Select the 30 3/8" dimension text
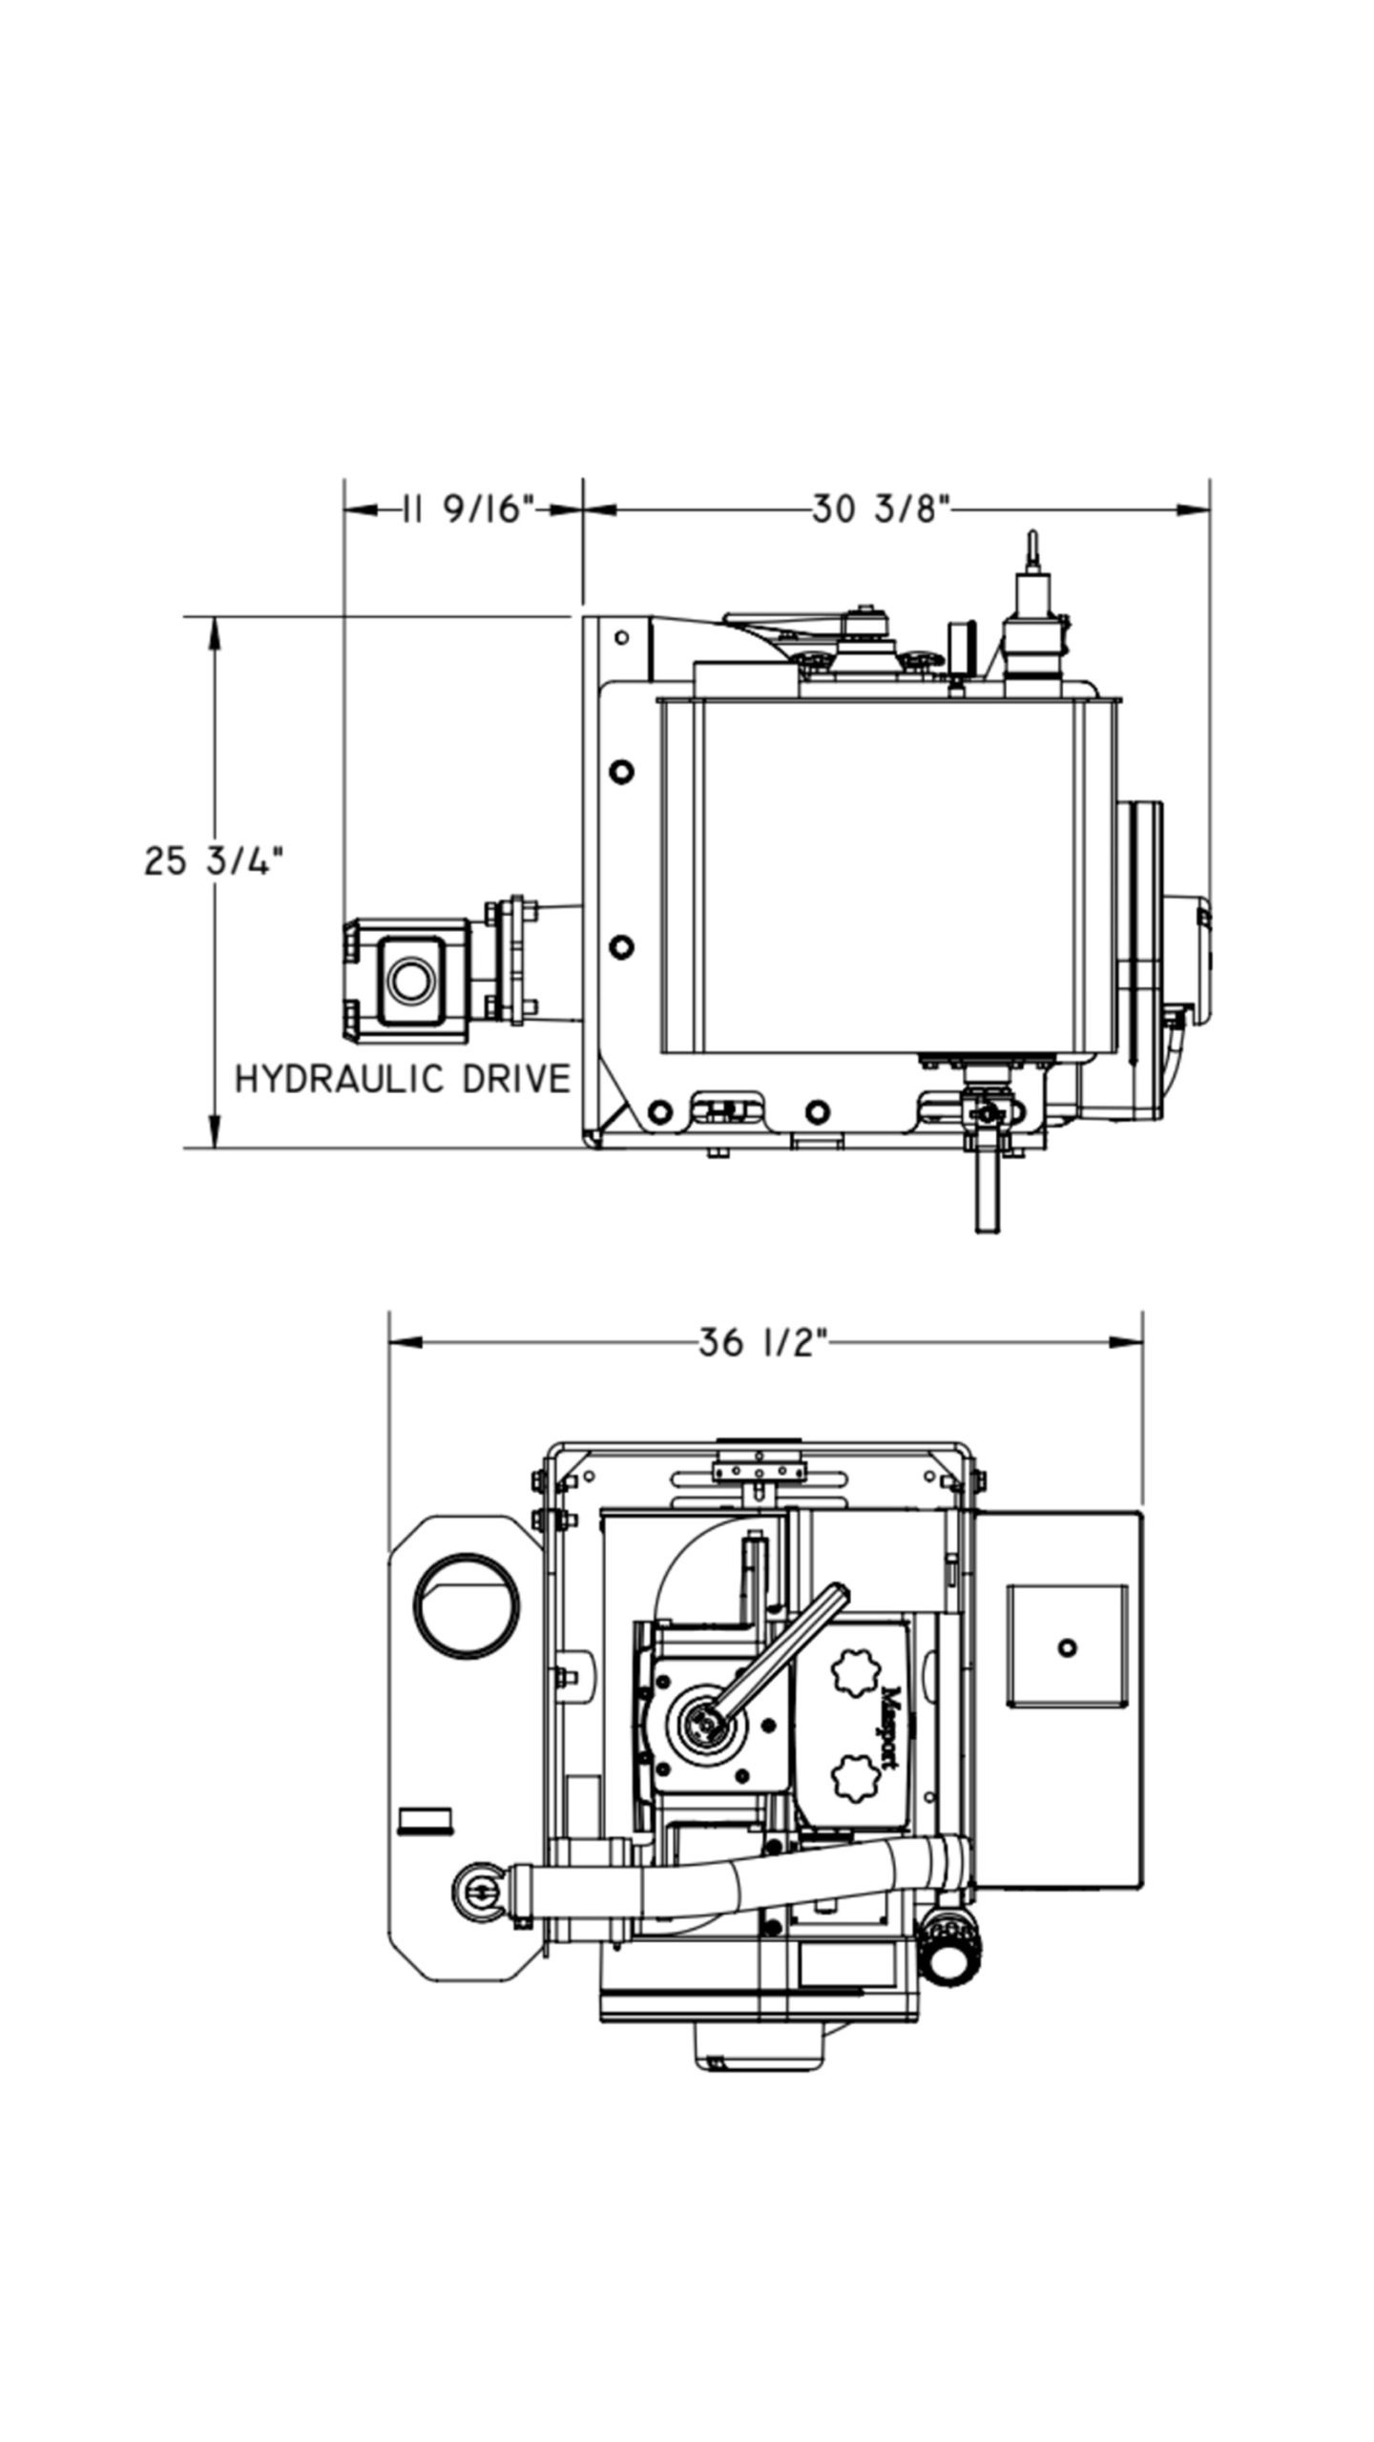[x=883, y=509]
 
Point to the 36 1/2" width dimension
[x=760, y=1343]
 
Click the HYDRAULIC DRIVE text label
[x=402, y=1079]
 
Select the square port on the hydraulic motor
[x=411, y=979]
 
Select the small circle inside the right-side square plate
[x=1068, y=1646]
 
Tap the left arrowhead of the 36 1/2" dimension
[x=405, y=1343]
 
